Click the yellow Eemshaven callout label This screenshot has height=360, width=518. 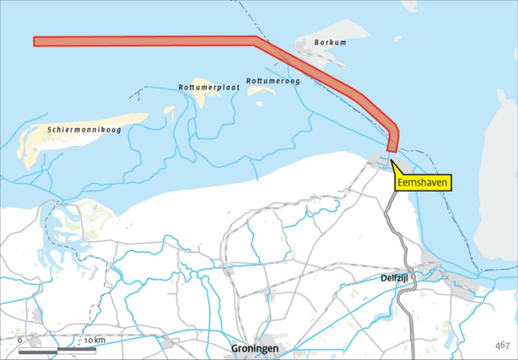(422, 182)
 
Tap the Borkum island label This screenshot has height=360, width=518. (330, 42)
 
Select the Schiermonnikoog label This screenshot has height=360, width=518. (84, 129)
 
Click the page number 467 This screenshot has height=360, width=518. (501, 345)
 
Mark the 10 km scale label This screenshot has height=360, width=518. (94, 340)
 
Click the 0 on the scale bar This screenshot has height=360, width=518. (20, 340)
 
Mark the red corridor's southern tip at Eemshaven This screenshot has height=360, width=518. (391, 147)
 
